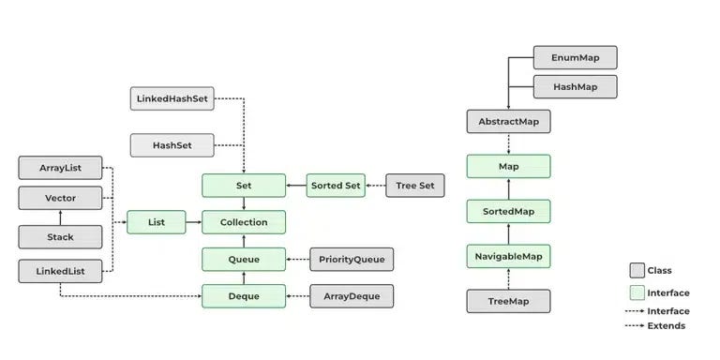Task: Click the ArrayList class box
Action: click(x=60, y=169)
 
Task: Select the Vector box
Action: click(x=60, y=199)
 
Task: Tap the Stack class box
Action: click(x=60, y=237)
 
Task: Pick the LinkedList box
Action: click(x=60, y=272)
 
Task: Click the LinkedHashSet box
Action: click(x=172, y=97)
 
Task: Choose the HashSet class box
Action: click(x=172, y=145)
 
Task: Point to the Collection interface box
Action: click(x=244, y=222)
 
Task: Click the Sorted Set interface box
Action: click(x=335, y=185)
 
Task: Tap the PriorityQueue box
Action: click(x=352, y=260)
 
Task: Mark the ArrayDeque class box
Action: click(x=352, y=296)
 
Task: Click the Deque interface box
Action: click(x=244, y=296)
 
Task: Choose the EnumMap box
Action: click(x=576, y=57)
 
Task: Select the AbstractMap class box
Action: click(x=508, y=121)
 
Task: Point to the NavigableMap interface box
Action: click(x=508, y=255)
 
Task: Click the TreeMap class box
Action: click(x=508, y=301)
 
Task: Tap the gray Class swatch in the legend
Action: click(x=637, y=270)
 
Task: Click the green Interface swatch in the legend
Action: click(x=637, y=292)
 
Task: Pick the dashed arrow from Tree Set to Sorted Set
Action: click(x=374, y=185)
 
